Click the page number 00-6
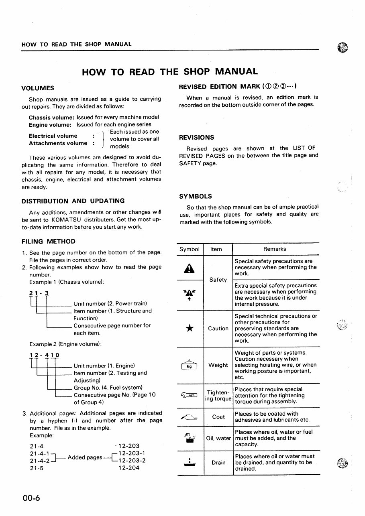(x=31, y=498)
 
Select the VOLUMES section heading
(x=37, y=88)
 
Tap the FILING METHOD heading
(x=48, y=241)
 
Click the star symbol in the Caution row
(x=190, y=329)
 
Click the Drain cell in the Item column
(x=218, y=463)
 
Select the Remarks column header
(x=275, y=249)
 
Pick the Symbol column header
(x=190, y=249)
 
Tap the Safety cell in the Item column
(x=218, y=280)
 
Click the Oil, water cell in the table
(x=218, y=438)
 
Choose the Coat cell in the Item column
(x=218, y=417)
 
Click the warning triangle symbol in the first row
(x=190, y=268)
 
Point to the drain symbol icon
(x=190, y=463)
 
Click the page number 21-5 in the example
(x=37, y=468)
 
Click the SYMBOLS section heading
(x=196, y=196)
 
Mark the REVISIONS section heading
(x=196, y=137)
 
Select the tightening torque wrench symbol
(x=190, y=396)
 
